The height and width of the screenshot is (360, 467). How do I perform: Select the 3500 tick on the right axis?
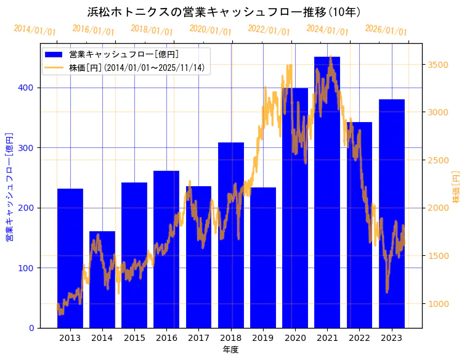coord(438,65)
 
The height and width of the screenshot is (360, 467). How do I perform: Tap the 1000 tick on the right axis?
coord(438,304)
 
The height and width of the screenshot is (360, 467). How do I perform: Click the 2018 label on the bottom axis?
coord(230,338)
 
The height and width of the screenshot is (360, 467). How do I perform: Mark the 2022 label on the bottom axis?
coord(359,338)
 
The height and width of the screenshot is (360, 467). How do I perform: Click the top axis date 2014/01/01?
coord(35,30)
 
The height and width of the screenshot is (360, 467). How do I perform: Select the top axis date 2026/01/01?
coord(386,30)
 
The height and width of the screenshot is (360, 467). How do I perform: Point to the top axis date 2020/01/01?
coord(210,30)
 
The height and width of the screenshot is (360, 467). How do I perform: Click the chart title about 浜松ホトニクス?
coord(224,12)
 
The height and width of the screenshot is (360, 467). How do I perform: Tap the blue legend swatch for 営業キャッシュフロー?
coord(54,55)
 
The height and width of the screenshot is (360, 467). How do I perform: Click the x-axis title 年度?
coord(230,350)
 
